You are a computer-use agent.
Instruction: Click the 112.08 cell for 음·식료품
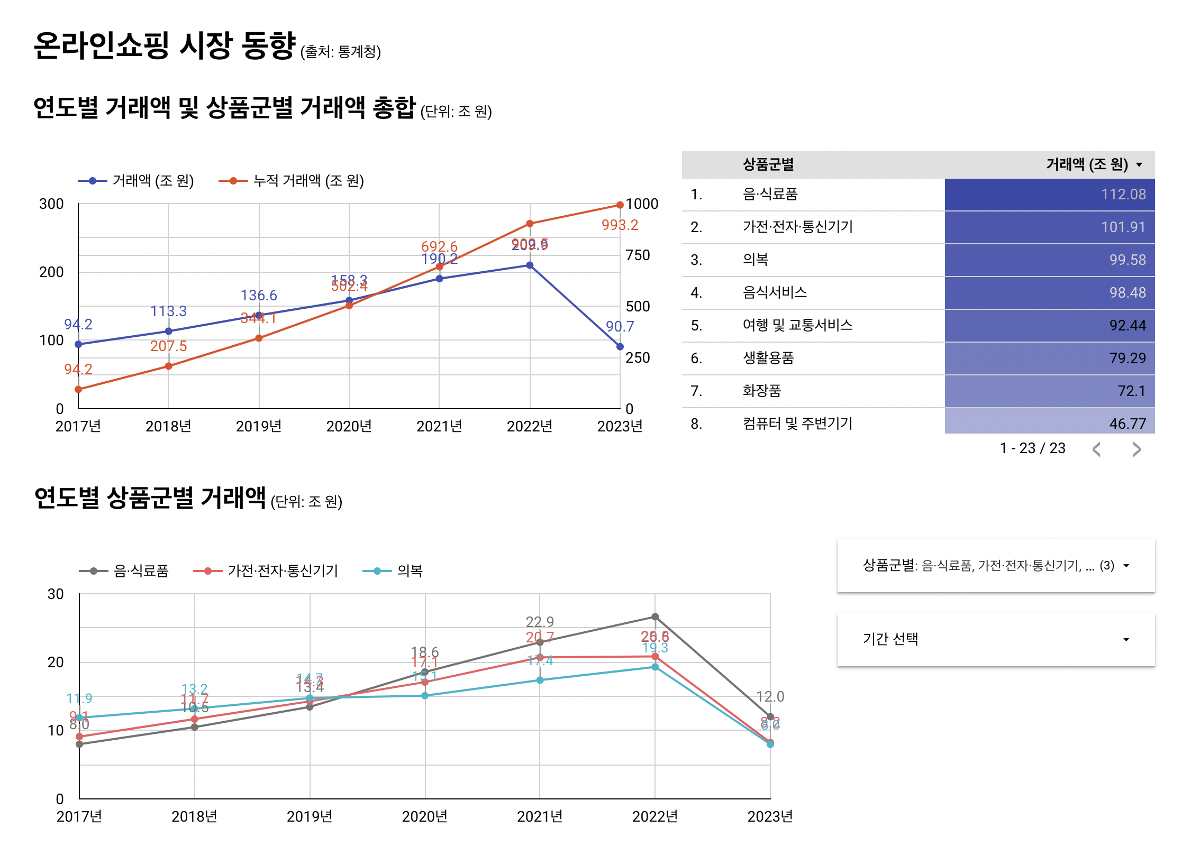(x=1123, y=195)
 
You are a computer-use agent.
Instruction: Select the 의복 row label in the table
(x=755, y=260)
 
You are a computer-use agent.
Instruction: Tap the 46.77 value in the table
(x=1127, y=424)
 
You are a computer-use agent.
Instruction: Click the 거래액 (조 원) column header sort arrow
(x=1139, y=165)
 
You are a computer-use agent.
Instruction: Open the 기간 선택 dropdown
(x=995, y=639)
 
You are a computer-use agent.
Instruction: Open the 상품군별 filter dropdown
(x=995, y=566)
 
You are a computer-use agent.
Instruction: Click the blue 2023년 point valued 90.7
(x=620, y=346)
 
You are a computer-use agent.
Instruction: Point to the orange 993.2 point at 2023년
(x=620, y=205)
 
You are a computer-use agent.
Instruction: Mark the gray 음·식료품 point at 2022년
(x=654, y=616)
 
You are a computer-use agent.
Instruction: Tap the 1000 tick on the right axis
(x=642, y=204)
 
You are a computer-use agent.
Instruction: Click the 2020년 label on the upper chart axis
(x=349, y=426)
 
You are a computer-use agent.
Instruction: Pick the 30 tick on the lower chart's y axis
(x=56, y=594)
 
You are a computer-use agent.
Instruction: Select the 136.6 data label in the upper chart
(x=259, y=295)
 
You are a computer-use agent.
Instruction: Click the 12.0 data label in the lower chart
(x=770, y=697)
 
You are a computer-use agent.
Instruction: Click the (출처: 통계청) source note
(x=340, y=52)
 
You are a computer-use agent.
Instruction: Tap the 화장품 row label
(x=761, y=391)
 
